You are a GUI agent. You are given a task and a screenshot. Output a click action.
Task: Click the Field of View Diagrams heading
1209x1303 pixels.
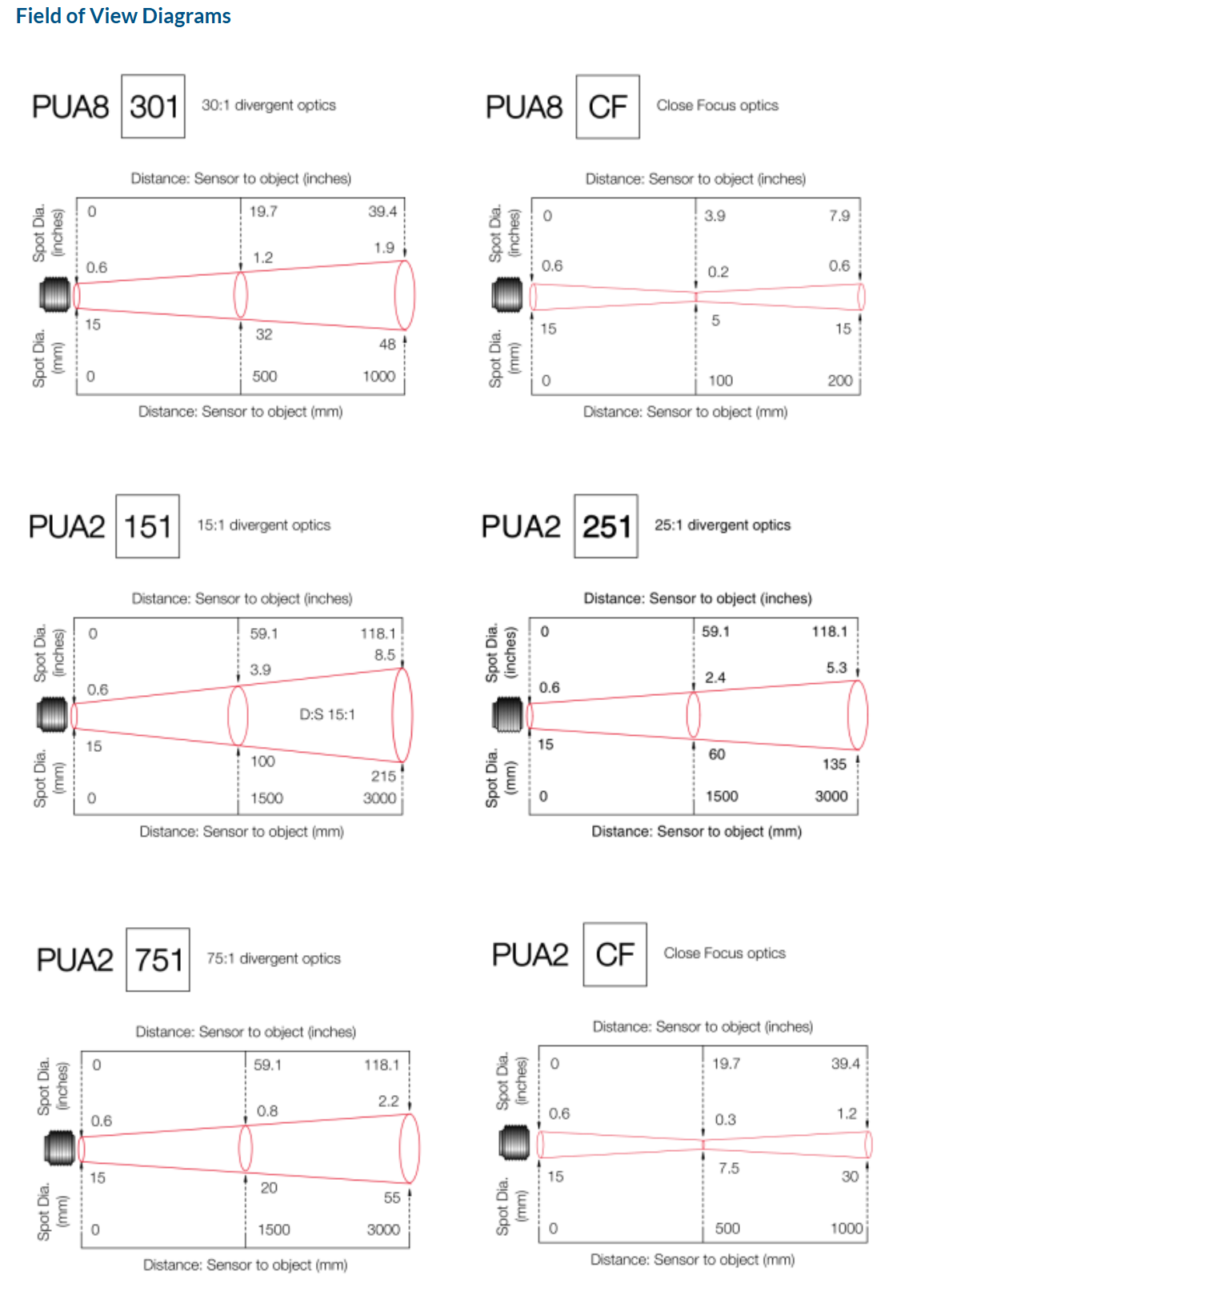tap(123, 16)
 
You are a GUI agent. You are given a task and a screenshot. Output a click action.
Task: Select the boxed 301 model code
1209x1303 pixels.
tap(153, 106)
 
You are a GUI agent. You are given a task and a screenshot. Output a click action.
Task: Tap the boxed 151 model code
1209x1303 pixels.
tap(147, 526)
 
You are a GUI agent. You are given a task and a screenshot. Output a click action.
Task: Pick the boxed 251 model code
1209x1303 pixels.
tap(606, 526)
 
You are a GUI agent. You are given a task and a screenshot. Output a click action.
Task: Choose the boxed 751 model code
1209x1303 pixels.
tap(158, 960)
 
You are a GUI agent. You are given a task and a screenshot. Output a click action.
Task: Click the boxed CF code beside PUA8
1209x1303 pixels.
tap(608, 106)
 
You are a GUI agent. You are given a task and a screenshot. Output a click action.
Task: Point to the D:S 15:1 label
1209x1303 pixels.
tap(327, 714)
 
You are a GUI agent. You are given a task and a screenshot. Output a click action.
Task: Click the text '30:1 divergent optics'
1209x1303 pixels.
tap(269, 105)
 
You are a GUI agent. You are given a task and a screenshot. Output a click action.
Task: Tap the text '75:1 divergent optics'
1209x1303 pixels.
tap(274, 958)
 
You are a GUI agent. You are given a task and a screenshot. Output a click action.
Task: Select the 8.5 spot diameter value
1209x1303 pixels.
tap(385, 654)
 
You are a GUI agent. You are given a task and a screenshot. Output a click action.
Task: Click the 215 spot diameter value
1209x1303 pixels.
tap(383, 776)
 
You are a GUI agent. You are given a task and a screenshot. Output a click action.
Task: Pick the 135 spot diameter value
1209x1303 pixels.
tap(835, 764)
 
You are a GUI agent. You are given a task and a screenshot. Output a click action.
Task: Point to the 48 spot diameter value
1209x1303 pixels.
tap(387, 344)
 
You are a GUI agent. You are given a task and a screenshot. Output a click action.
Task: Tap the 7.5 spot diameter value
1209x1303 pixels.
tap(729, 1168)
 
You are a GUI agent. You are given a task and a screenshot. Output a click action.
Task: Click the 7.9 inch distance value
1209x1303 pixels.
tap(839, 215)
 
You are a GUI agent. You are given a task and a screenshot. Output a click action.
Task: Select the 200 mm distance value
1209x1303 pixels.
tap(840, 381)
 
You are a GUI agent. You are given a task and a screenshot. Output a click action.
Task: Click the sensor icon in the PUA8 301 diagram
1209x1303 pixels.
tap(55, 294)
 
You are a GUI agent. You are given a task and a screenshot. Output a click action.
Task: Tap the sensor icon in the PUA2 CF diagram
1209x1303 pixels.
tap(515, 1142)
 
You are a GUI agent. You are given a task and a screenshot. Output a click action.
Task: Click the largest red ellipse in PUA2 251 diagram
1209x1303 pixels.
tap(857, 714)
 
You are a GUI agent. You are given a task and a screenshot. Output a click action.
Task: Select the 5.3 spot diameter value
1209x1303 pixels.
tap(837, 667)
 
